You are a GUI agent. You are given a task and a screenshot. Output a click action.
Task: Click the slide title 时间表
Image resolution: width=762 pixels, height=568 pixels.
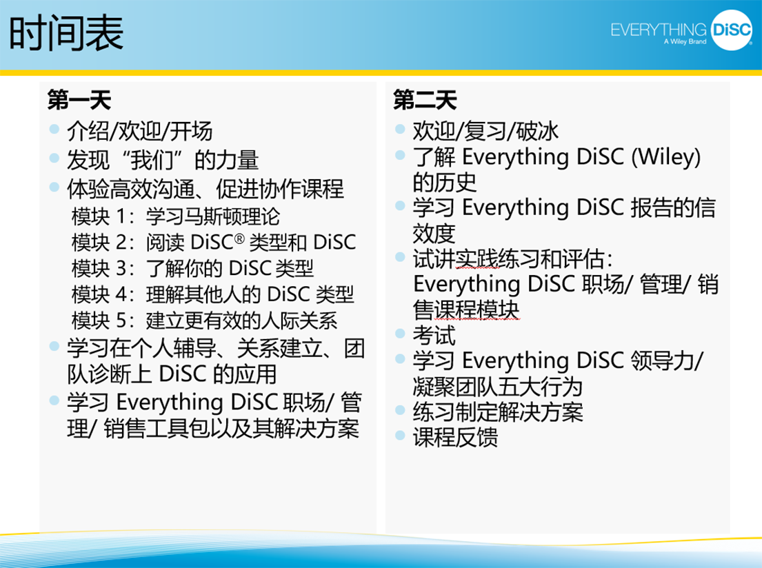tap(66, 33)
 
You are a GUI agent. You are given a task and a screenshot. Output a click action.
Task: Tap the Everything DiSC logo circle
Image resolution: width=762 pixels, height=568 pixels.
tap(732, 30)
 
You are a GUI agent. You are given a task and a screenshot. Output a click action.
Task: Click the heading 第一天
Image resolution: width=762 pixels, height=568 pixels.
tap(79, 100)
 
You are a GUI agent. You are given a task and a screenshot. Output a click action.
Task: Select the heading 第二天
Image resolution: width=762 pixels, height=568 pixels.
tap(425, 100)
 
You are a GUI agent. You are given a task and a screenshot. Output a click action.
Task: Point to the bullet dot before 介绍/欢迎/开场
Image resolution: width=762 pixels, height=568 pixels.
tap(54, 129)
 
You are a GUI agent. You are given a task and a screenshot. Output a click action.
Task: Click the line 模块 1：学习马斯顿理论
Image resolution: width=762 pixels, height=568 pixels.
tap(175, 216)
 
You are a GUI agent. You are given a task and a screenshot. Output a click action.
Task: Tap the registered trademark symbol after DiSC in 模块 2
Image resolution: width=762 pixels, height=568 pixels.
tap(239, 239)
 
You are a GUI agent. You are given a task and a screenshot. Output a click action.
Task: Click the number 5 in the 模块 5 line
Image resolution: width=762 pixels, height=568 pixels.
tap(121, 321)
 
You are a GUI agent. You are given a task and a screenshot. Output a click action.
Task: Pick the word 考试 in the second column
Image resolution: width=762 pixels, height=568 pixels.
tap(434, 335)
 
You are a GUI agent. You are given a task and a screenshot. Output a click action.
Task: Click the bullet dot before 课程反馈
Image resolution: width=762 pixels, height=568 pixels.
tap(400, 435)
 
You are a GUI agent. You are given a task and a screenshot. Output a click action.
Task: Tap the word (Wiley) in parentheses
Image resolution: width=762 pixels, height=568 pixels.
tap(665, 157)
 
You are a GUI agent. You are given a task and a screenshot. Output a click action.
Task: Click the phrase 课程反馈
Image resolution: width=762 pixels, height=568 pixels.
tap(455, 437)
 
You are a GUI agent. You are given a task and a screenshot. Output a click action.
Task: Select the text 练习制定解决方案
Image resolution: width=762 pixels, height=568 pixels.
tap(498, 412)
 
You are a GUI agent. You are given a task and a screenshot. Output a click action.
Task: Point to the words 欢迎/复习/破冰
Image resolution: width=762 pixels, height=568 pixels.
tap(485, 131)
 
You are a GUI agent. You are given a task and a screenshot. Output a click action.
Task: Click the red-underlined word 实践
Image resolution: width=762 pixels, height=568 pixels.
tap(477, 258)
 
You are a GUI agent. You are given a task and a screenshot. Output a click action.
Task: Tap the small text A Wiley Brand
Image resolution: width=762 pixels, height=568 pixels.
tap(685, 42)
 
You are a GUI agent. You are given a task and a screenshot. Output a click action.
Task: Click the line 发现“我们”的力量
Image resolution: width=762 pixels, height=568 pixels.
tap(163, 160)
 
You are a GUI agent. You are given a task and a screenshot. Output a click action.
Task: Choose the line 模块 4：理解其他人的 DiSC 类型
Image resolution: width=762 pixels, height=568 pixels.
tap(213, 294)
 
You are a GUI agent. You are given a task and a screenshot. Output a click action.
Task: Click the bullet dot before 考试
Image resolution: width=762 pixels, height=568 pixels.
tap(400, 334)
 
